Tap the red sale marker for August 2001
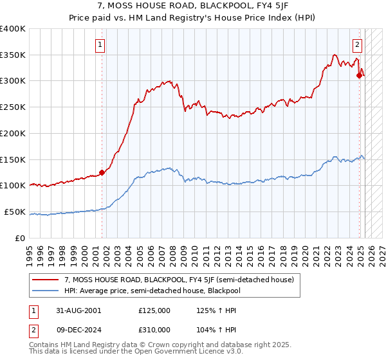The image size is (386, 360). point(102,172)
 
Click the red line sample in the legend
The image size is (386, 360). point(45,280)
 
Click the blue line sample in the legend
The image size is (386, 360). point(45,291)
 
